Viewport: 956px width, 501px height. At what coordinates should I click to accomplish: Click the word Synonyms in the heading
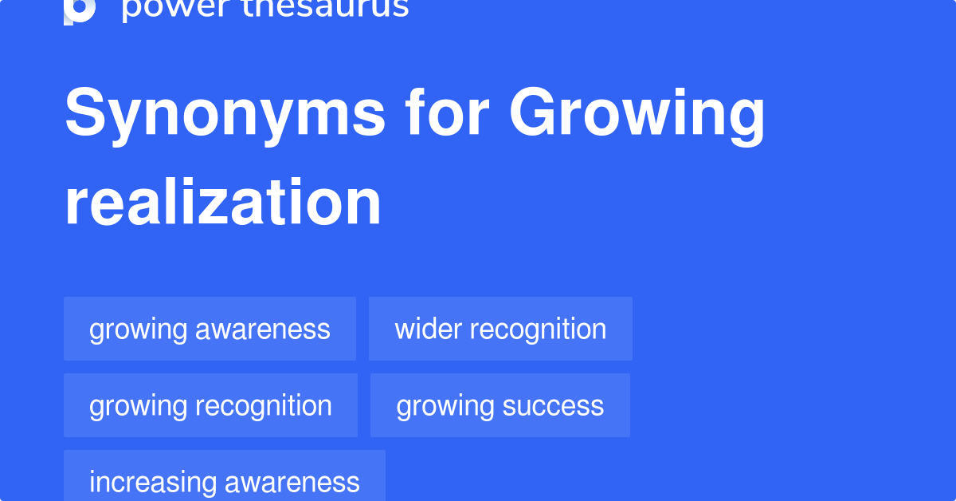225,114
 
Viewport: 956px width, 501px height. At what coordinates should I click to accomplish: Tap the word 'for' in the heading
446,114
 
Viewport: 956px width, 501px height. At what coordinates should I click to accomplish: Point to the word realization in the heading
223,203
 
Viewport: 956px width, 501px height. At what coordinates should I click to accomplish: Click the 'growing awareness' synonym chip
210,329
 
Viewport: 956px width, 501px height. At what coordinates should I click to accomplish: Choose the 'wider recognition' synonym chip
500,329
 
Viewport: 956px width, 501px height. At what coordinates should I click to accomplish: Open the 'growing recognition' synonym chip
210,405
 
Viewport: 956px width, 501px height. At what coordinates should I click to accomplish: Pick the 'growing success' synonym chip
500,405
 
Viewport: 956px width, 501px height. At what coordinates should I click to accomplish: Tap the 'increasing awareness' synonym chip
225,481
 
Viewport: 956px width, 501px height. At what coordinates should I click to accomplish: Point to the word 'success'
552,406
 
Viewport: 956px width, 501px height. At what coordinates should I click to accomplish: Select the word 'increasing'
152,482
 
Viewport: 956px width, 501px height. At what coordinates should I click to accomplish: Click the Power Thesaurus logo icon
80,10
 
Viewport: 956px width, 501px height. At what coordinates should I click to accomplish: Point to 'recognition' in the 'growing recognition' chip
264,406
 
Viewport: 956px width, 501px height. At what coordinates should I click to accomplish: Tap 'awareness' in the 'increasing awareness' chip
292,482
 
